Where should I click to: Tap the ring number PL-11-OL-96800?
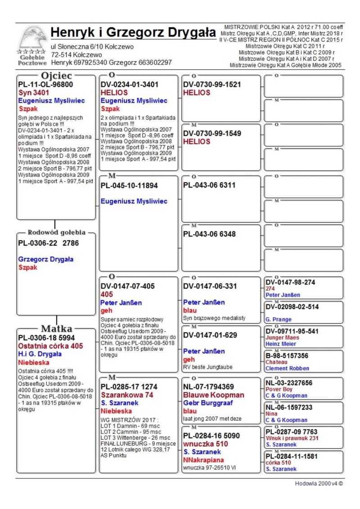[x=45, y=84]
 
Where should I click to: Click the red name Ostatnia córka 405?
[x=50, y=346]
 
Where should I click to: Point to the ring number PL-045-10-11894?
[x=130, y=185]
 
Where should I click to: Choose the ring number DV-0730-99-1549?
[x=212, y=133]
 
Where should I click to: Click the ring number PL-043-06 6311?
[x=209, y=185]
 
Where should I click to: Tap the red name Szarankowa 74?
[x=127, y=395]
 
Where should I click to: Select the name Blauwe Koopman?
[x=214, y=395]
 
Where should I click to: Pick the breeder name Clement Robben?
[x=287, y=368]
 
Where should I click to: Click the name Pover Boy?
[x=279, y=389]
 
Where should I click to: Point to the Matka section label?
[x=56, y=328]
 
